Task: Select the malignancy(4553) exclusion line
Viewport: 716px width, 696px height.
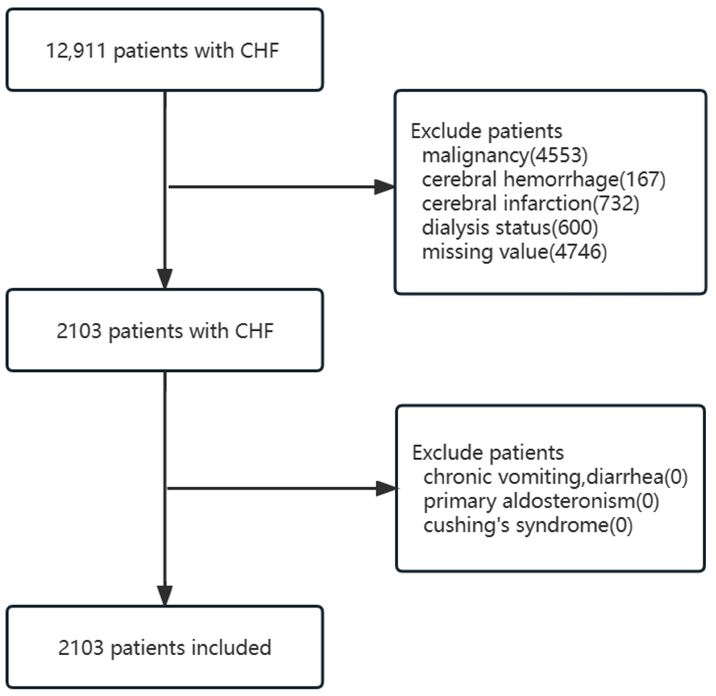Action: (505, 155)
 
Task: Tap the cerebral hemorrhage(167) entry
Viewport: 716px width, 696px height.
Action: (543, 180)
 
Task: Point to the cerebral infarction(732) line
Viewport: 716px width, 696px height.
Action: (530, 204)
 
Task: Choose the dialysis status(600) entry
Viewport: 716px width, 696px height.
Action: (510, 228)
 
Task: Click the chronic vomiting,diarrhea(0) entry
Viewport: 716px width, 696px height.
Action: (555, 477)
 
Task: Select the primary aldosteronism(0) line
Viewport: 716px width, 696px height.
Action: (541, 501)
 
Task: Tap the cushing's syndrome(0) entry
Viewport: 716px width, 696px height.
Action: (528, 526)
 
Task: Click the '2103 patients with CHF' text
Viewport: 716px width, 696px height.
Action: (165, 331)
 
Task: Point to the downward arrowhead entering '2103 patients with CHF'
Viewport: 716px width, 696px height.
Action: (165, 279)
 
